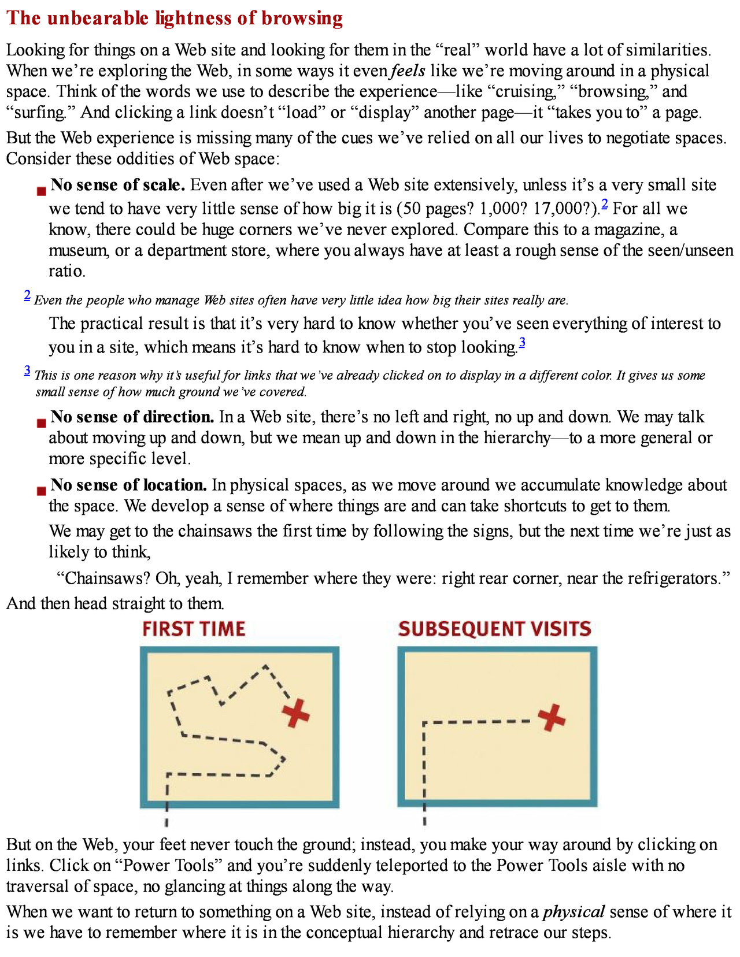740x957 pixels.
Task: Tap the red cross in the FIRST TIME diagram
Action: pyautogui.click(x=295, y=713)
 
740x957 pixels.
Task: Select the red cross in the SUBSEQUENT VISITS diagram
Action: pyautogui.click(x=552, y=717)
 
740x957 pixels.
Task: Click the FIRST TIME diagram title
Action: pyautogui.click(x=194, y=629)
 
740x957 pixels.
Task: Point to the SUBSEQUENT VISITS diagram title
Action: pyautogui.click(x=494, y=629)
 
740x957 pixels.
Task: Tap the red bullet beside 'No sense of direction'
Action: pyautogui.click(x=41, y=423)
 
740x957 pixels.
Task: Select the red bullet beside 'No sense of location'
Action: pyautogui.click(x=41, y=491)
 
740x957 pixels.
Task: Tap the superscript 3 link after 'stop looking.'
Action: pyautogui.click(x=522, y=343)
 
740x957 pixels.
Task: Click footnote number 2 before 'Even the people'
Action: pyautogui.click(x=27, y=295)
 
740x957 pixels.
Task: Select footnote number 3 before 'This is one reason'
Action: pyautogui.click(x=27, y=370)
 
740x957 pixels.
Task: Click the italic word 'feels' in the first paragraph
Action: pyautogui.click(x=408, y=71)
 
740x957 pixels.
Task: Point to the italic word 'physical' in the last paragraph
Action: pyautogui.click(x=573, y=912)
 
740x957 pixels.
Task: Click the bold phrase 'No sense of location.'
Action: pyautogui.click(x=128, y=485)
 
